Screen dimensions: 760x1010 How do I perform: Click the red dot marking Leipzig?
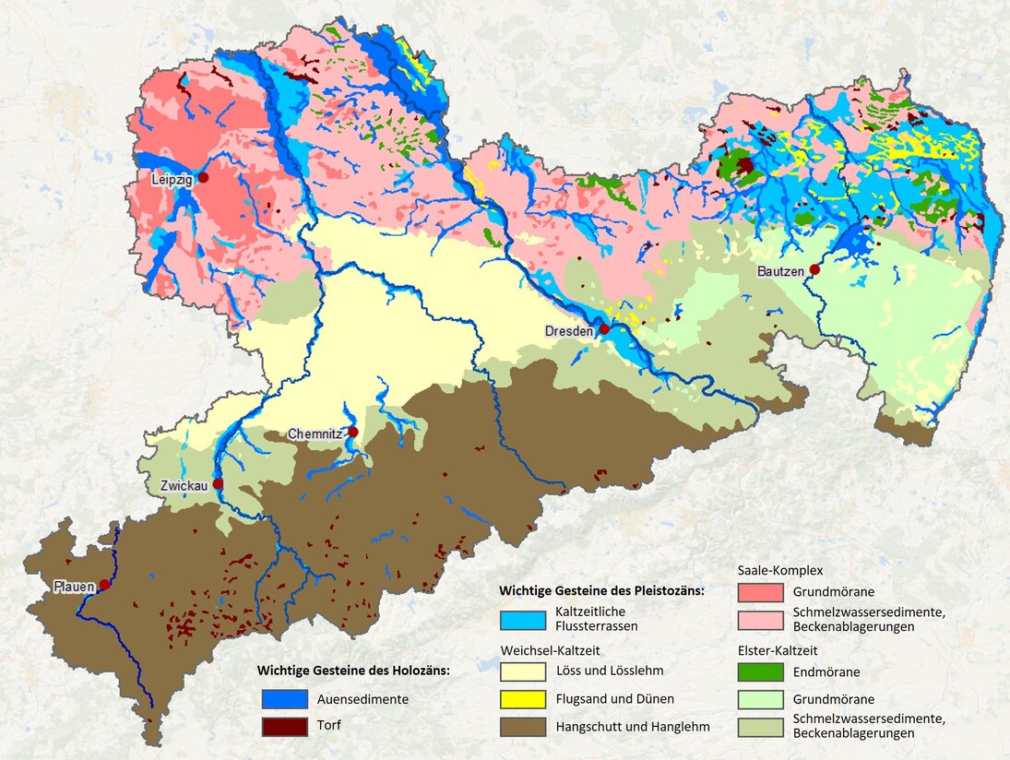coord(204,177)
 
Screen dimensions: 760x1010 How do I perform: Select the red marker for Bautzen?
coord(814,269)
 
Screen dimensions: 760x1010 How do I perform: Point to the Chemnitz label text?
coord(315,433)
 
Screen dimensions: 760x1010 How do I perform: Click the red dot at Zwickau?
coord(218,483)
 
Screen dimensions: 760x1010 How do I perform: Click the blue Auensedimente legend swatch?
coord(284,699)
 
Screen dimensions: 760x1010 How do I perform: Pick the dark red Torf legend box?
coord(284,726)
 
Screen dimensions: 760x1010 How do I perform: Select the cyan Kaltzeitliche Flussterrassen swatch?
coord(522,619)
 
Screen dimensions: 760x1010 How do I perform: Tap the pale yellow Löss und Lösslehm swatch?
coord(522,671)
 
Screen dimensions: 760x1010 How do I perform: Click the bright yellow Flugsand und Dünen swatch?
coord(522,698)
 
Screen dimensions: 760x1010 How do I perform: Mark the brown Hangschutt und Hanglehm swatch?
coord(522,727)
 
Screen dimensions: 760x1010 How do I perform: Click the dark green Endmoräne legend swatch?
coord(761,672)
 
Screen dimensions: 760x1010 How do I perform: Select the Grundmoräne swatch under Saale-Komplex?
coord(761,592)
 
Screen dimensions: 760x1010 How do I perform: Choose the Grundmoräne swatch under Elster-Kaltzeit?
coord(761,699)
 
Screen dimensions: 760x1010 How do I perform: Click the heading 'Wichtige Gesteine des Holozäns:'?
coord(353,671)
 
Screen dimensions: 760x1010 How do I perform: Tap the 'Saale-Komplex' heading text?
coord(780,571)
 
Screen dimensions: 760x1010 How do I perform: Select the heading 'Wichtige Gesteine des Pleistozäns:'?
coord(601,589)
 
